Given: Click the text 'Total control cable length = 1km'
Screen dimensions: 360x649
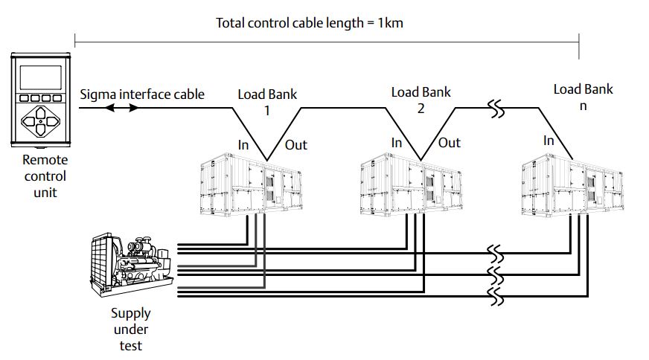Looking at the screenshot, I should [x=310, y=22].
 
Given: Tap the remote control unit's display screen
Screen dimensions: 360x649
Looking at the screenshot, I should [x=40, y=77].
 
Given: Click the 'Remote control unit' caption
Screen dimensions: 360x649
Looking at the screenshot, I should [x=44, y=176].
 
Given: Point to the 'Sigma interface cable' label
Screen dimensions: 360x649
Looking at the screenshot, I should [x=141, y=94].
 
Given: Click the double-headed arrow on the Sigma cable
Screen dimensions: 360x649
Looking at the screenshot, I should [x=121, y=109].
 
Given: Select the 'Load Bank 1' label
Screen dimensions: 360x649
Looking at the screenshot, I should [x=267, y=102].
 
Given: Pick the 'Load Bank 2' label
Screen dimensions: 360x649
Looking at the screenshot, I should [x=421, y=100].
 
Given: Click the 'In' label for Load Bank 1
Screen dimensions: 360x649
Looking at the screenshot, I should [x=243, y=144].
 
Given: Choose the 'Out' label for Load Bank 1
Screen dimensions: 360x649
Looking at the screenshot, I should [x=295, y=144].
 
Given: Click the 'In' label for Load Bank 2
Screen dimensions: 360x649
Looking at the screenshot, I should [x=397, y=143].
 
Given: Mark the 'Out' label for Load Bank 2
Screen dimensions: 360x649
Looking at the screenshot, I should [x=449, y=143].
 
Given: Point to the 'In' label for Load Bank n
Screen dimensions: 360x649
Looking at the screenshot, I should [x=549, y=141].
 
